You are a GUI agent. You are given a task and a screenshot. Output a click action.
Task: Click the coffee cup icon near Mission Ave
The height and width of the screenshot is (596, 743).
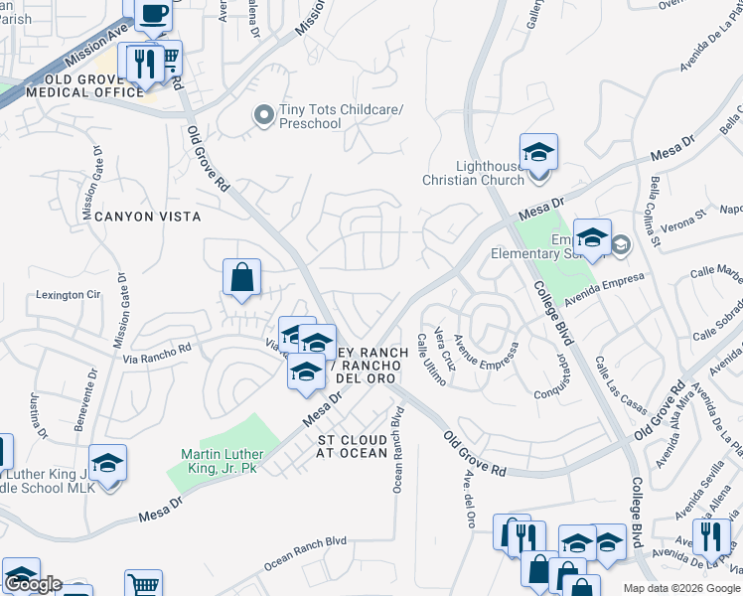(153, 14)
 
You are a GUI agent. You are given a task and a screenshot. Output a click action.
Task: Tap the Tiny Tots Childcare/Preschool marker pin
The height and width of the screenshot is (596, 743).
(263, 116)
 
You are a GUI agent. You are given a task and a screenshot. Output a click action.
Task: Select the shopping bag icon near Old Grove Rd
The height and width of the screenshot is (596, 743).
(242, 277)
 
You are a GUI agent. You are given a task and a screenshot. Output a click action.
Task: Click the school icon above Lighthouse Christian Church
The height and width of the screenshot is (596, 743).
(538, 152)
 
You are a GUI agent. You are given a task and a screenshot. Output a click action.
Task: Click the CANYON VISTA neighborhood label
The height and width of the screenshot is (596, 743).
(142, 216)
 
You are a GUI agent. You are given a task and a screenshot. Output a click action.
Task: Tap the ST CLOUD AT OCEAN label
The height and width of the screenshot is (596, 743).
(352, 446)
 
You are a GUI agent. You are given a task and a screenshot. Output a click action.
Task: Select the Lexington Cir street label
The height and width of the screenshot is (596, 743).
(69, 295)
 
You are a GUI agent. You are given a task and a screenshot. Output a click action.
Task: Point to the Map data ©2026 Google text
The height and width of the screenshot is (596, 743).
(681, 588)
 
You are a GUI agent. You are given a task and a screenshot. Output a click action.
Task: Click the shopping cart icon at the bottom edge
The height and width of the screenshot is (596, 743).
(143, 585)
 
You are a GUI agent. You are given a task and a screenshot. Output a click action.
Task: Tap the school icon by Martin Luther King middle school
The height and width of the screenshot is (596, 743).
(107, 463)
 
